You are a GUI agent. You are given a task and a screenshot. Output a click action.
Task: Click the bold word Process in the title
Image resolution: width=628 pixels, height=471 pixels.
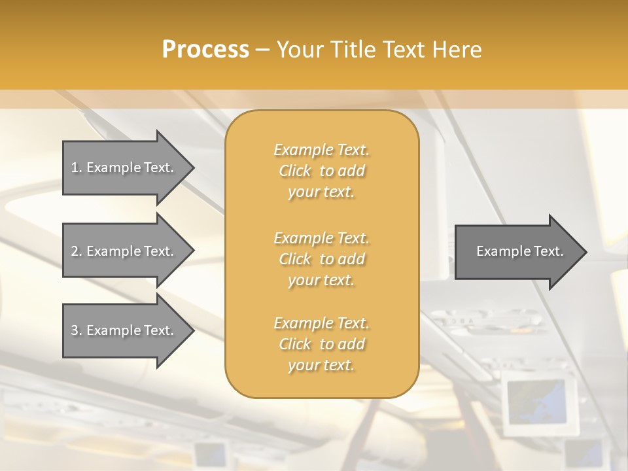(205, 50)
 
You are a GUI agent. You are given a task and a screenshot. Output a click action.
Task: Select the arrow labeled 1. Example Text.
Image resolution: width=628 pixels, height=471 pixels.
(124, 167)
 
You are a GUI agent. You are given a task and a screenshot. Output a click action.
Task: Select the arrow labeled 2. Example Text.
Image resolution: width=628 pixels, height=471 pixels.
(124, 251)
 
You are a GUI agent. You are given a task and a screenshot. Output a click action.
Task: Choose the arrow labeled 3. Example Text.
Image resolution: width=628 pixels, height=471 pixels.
(124, 330)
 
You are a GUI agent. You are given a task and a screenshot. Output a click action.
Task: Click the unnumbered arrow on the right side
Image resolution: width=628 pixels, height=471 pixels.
(517, 251)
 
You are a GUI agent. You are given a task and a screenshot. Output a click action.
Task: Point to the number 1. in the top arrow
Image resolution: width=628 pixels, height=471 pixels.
(77, 167)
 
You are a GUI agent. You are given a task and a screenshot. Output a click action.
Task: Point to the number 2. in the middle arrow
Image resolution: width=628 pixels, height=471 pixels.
(77, 251)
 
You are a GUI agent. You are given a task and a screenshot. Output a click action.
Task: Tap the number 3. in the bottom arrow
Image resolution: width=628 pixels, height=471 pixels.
(77, 330)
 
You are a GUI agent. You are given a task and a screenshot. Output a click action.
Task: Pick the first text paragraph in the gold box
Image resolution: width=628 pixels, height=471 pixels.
(322, 171)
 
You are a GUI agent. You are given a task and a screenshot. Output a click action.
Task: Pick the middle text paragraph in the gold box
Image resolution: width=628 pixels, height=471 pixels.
(322, 259)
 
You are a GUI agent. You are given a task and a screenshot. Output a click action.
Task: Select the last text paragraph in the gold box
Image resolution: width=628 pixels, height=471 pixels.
(322, 344)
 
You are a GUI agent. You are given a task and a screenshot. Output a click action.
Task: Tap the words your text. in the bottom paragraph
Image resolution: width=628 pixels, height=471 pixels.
(321, 365)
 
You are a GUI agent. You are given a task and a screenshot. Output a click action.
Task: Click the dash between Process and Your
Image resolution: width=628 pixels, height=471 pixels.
(263, 50)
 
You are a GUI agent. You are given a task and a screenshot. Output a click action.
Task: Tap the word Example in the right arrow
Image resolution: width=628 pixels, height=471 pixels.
(501, 251)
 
